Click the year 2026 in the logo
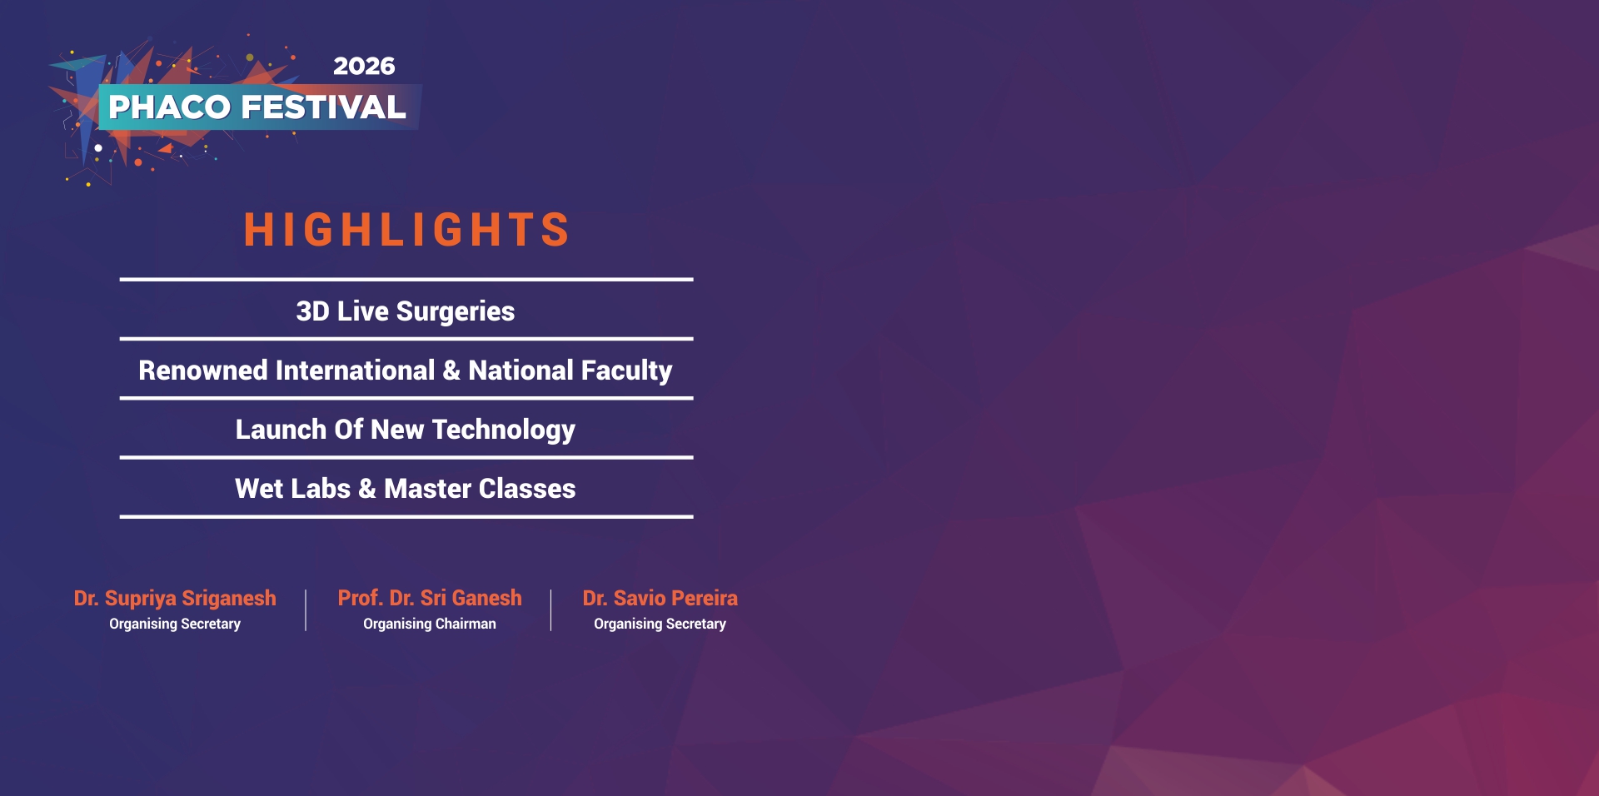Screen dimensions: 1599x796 pos(364,66)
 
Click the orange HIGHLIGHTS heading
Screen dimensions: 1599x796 pos(406,229)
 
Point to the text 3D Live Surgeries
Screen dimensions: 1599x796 pos(406,311)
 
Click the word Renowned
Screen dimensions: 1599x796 pos(203,370)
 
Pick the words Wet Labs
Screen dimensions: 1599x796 pos(292,488)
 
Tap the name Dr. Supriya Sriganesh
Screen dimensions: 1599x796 pos(175,599)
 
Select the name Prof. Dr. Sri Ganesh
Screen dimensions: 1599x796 pos(430,598)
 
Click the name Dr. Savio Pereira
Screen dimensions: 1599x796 pos(660,598)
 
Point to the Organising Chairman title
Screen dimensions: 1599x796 pos(430,624)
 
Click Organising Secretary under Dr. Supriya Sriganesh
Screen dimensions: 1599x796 pos(175,624)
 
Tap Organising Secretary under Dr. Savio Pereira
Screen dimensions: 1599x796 pos(660,624)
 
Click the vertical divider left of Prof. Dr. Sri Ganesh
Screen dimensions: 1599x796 pos(306,610)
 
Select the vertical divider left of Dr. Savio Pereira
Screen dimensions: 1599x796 pos(550,610)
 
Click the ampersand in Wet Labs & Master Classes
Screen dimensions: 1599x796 pos(367,489)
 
